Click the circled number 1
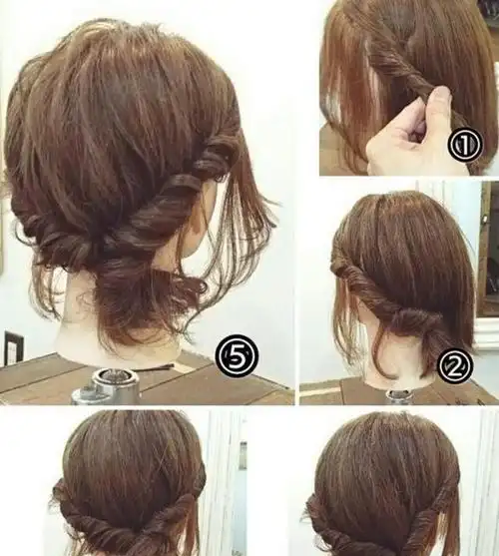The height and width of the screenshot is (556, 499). point(465,144)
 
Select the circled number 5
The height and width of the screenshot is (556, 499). point(237,355)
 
